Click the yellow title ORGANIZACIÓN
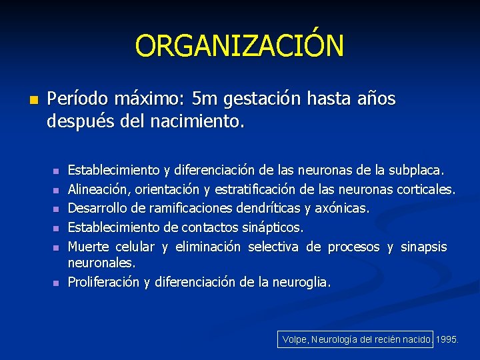(x=239, y=46)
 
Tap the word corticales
(x=425, y=189)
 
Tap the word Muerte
(x=89, y=247)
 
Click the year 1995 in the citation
(x=447, y=339)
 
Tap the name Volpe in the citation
(x=294, y=339)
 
